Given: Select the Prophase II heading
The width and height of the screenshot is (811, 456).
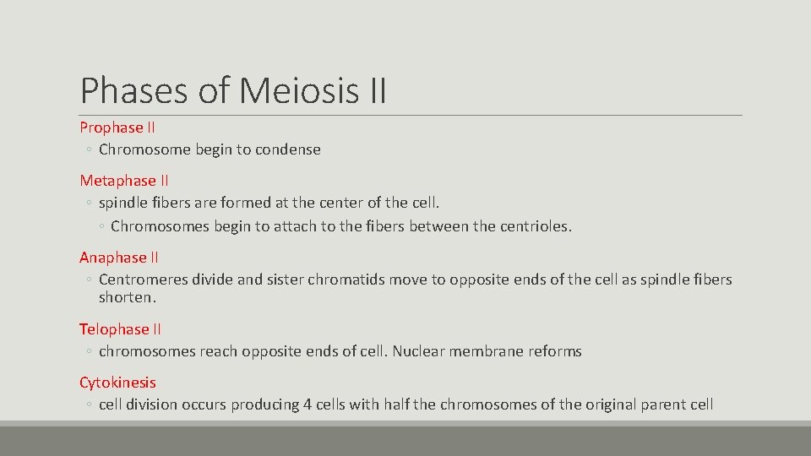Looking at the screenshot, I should pyautogui.click(x=117, y=128).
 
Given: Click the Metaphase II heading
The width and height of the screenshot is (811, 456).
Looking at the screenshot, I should pyautogui.click(x=124, y=181).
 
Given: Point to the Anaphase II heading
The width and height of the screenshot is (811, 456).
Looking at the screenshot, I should pyautogui.click(x=119, y=258).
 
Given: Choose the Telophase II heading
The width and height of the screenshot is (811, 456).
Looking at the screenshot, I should pyautogui.click(x=120, y=329).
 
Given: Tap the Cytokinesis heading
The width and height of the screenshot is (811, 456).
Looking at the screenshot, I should pyautogui.click(x=117, y=383).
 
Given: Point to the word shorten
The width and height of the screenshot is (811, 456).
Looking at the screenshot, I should pyautogui.click(x=126, y=298).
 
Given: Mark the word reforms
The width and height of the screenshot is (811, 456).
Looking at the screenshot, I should pyautogui.click(x=555, y=351).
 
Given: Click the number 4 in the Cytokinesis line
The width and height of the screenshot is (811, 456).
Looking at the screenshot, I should pyautogui.click(x=308, y=404).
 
